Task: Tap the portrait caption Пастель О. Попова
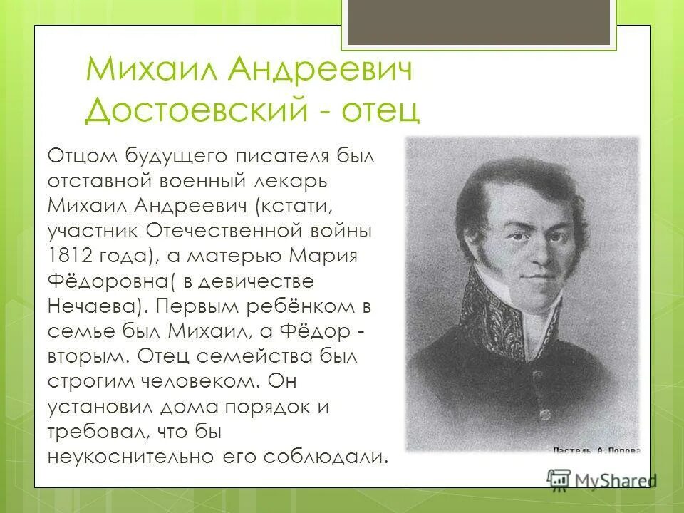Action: tap(597, 450)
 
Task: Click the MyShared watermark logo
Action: tap(598, 480)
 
